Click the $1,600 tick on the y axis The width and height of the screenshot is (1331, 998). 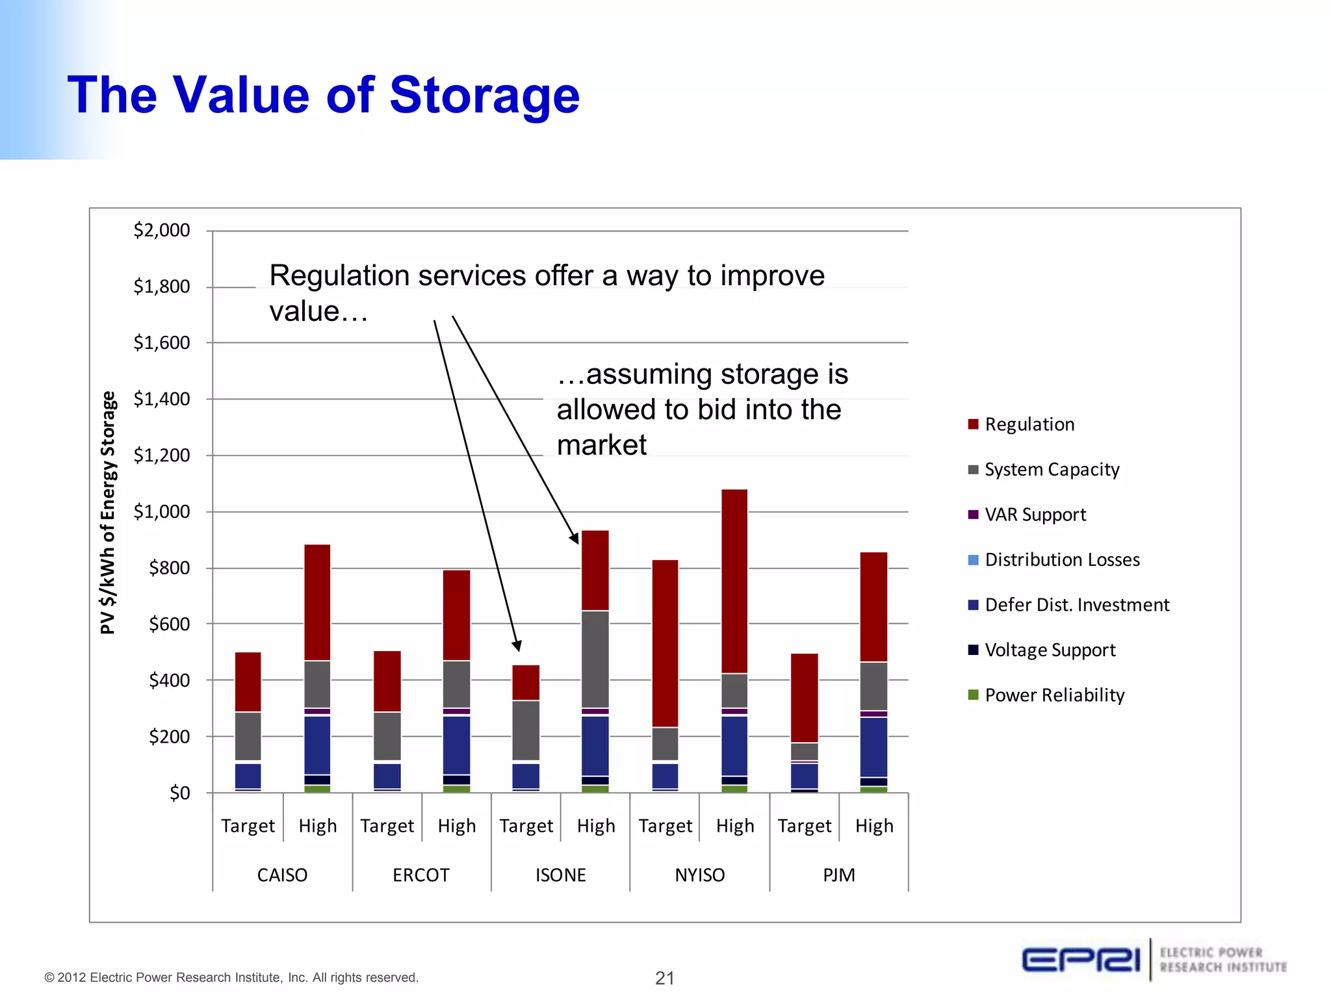coord(162,342)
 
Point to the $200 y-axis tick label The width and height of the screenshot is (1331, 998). coord(170,737)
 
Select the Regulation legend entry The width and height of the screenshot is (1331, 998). coord(1029,424)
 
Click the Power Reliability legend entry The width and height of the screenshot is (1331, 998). coord(1053,695)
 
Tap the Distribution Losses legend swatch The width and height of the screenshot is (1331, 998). coord(973,560)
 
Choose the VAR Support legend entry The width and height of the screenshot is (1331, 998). coord(1035,515)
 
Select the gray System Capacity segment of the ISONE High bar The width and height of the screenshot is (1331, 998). coord(595,659)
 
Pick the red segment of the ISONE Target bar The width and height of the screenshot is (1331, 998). coord(526,682)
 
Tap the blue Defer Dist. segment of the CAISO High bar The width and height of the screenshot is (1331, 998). coord(317,745)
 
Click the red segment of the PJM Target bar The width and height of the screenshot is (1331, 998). coord(804,698)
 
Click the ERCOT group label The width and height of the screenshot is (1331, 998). coord(421,875)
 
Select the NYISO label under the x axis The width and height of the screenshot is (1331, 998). coord(699,875)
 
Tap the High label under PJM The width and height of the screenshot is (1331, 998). coord(874,826)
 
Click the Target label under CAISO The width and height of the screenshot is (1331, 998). coord(248,826)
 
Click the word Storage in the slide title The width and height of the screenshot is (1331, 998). coord(484,96)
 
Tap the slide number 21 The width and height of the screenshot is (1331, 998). coord(665,977)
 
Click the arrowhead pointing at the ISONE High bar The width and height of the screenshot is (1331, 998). coord(575,537)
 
